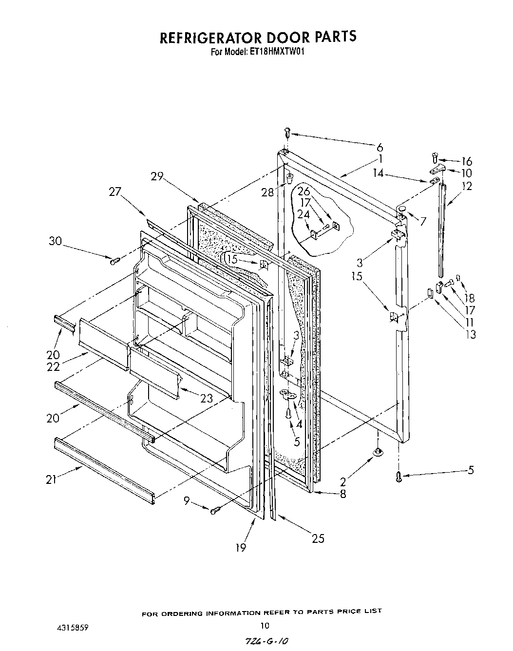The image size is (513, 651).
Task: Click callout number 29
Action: (x=156, y=176)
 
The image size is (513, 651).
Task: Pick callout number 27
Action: (x=114, y=191)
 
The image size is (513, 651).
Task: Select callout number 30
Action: (x=56, y=241)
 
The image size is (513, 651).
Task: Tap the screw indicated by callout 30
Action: (x=114, y=262)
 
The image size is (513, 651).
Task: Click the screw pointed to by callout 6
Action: (x=287, y=132)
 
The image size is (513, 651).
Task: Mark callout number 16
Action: (x=467, y=161)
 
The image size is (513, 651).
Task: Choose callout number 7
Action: (x=423, y=221)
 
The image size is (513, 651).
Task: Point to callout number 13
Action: (x=471, y=334)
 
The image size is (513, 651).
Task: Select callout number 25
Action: (x=318, y=538)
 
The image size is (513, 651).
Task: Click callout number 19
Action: (x=241, y=548)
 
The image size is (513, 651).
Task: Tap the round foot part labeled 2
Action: (x=378, y=453)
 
